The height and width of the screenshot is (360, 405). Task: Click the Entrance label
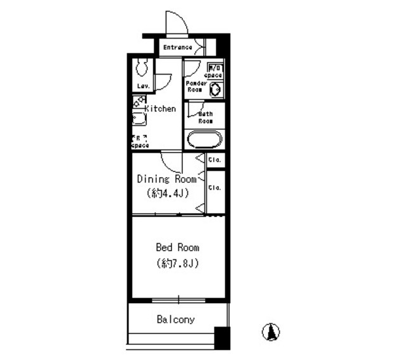point(177,47)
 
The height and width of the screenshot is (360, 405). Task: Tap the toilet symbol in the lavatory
point(142,67)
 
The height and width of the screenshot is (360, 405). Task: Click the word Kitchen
point(161,109)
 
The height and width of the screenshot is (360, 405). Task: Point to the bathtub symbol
point(202,139)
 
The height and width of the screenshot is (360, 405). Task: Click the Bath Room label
point(206,117)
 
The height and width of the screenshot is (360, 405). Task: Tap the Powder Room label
point(194,87)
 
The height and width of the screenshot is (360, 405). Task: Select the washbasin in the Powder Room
point(215,89)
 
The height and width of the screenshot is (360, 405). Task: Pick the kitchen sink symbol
point(139,119)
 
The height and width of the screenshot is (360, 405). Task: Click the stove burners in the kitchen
point(139,101)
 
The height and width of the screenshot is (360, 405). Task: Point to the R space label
point(140,142)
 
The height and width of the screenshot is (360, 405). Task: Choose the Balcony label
point(175,320)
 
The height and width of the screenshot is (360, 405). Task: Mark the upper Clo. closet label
point(215,160)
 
